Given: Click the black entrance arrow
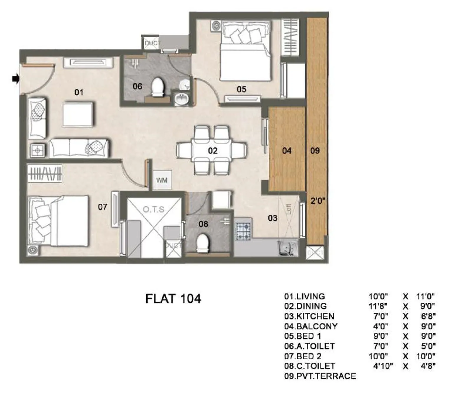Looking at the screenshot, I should pos(16,79).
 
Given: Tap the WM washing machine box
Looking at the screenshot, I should pos(162,180).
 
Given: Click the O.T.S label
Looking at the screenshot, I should pos(153,210).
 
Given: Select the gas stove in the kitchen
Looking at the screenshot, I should pos(243,231).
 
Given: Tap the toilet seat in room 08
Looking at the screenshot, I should pos(203,243).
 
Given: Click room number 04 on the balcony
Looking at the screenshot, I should pos(286,151).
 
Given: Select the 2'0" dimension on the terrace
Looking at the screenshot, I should pos(318,201).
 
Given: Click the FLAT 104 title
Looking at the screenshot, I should pos(173,299).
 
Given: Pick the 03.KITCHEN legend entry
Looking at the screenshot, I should pos(309,316).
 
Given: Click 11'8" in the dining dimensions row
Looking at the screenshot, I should pos(378,306).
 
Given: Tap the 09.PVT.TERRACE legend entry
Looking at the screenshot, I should pos(320,376).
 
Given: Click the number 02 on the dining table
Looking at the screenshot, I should pos(213,151).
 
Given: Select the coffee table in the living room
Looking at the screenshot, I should pos(78,115).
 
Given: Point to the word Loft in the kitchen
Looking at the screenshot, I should pos(288,209).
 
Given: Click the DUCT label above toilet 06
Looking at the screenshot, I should pos(151,43).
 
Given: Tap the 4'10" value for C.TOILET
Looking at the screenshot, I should pos(383,366).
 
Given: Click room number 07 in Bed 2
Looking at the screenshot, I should pos(102,207).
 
